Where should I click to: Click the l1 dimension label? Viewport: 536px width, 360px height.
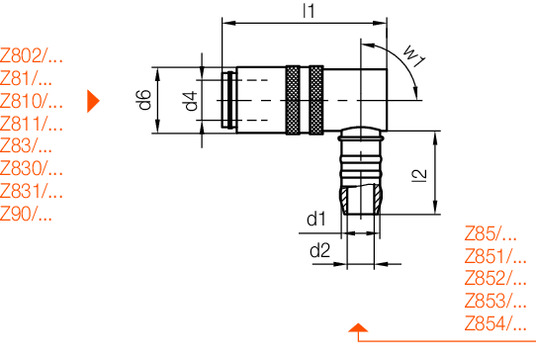click(x=309, y=11)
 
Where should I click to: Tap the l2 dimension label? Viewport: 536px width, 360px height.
click(x=419, y=176)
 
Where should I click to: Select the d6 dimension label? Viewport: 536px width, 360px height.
click(x=145, y=99)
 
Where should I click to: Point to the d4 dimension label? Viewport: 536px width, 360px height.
click(x=191, y=101)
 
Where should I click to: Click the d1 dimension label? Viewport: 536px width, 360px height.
click(x=316, y=219)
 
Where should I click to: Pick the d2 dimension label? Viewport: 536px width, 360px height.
click(x=320, y=251)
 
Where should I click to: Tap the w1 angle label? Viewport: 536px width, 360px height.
click(x=414, y=56)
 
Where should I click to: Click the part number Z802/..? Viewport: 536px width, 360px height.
click(x=31, y=56)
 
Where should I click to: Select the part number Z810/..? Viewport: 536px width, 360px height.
click(x=31, y=101)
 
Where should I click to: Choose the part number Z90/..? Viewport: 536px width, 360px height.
click(x=26, y=214)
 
